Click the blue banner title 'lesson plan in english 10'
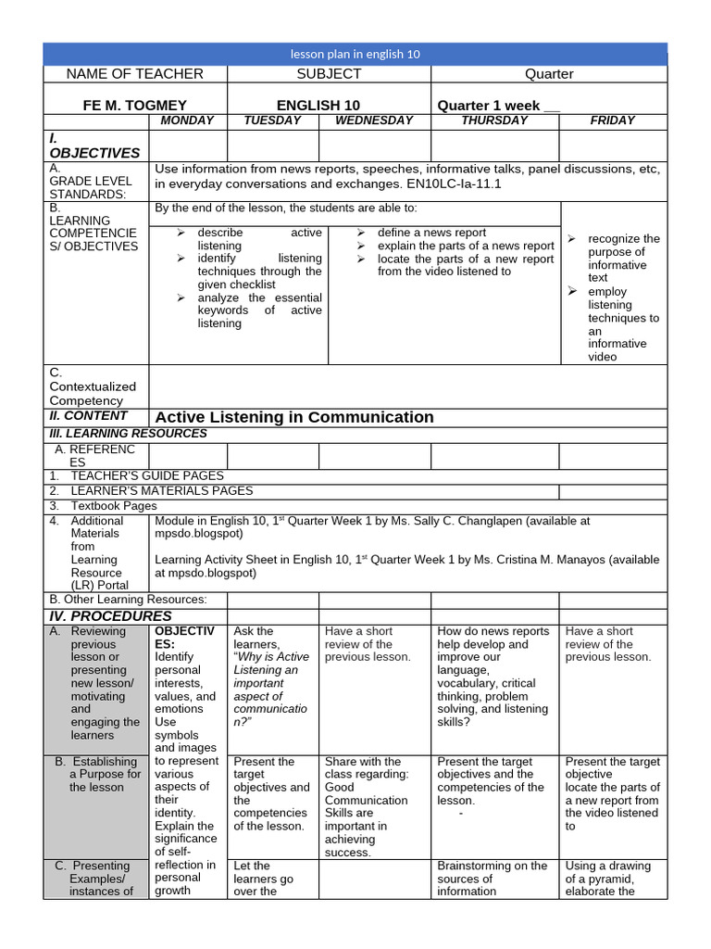pyautogui.click(x=355, y=54)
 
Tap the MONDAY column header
pyautogui.click(x=187, y=120)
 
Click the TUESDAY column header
pyautogui.click(x=272, y=120)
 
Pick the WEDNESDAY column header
pyautogui.click(x=374, y=120)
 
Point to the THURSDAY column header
pyautogui.click(x=494, y=120)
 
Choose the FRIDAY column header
pyautogui.click(x=613, y=120)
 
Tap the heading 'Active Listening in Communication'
pyautogui.click(x=294, y=417)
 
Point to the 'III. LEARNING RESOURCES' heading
pyautogui.click(x=128, y=434)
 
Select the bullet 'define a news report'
pyautogui.click(x=431, y=233)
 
